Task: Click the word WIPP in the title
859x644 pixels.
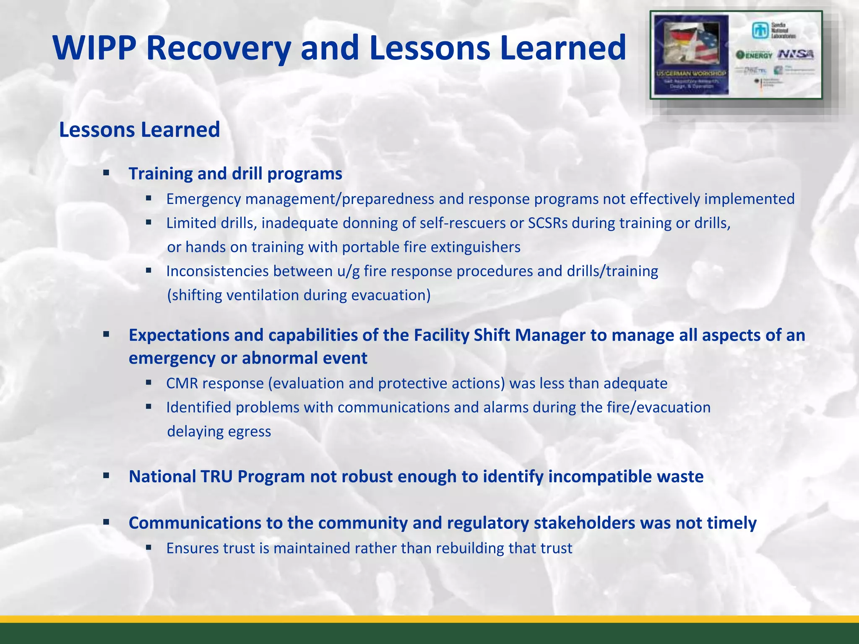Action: [94, 48]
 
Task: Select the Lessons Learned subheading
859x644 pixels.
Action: [139, 130]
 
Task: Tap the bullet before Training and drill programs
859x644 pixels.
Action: [106, 173]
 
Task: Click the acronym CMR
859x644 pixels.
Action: [182, 384]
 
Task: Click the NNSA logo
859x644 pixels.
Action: [796, 54]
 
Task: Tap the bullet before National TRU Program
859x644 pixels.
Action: [106, 476]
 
